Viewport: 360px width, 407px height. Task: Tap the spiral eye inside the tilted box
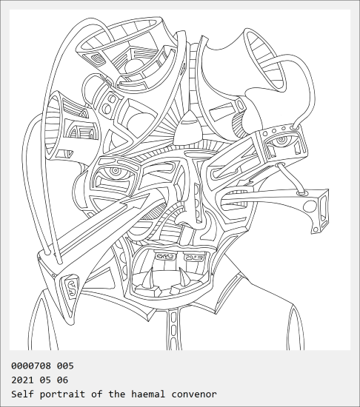pos(281,140)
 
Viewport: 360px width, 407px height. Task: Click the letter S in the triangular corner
pos(71,285)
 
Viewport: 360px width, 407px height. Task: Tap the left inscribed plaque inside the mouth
pos(165,257)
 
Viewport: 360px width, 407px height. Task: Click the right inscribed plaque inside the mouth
pos(193,258)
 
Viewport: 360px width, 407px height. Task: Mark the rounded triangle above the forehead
pos(188,127)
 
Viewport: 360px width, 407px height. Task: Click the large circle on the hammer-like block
pos(310,206)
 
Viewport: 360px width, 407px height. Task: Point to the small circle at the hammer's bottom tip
pos(316,229)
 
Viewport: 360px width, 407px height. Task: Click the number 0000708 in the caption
pos(31,366)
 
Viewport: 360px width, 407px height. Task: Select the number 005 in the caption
pos(65,366)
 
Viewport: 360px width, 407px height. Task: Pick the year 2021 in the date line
pos(22,380)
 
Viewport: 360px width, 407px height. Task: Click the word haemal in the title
pos(148,394)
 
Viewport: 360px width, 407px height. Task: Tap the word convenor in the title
pos(194,394)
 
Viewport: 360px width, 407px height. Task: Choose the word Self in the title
pos(22,394)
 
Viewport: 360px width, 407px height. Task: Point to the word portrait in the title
pos(62,394)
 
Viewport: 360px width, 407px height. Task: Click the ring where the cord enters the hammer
pos(301,192)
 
